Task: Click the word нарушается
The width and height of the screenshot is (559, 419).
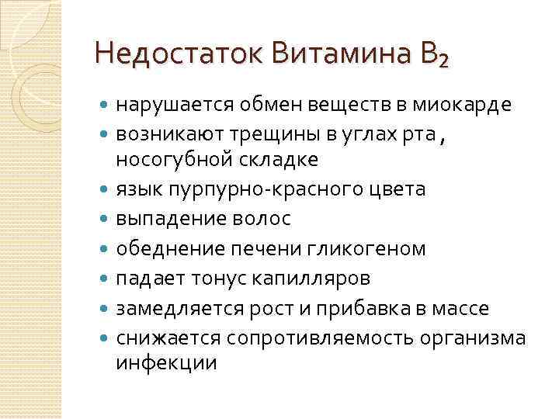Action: [x=165, y=105]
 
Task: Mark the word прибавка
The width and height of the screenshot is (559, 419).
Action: [x=361, y=309]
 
